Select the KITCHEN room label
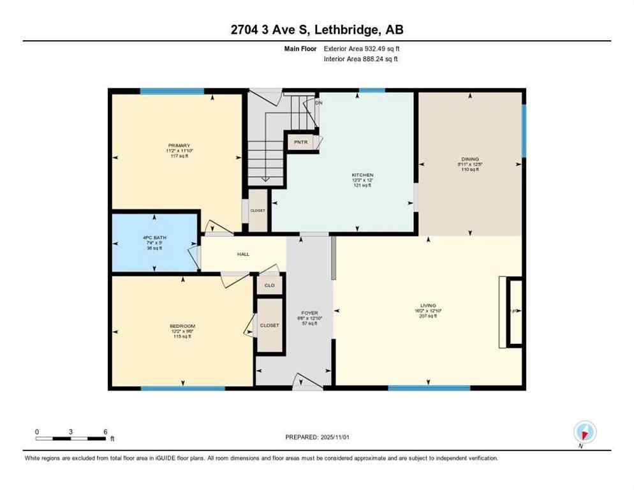click(x=362, y=175)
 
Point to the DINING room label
click(x=470, y=159)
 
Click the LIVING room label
click(x=428, y=306)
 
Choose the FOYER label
click(x=309, y=313)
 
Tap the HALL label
click(x=243, y=254)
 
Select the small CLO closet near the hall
click(x=269, y=285)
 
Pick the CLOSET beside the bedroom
click(x=270, y=325)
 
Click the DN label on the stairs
click(x=318, y=103)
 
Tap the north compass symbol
click(x=584, y=432)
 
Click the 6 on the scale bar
click(x=105, y=432)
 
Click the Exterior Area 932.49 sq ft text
click(x=362, y=48)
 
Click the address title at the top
click(x=316, y=29)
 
